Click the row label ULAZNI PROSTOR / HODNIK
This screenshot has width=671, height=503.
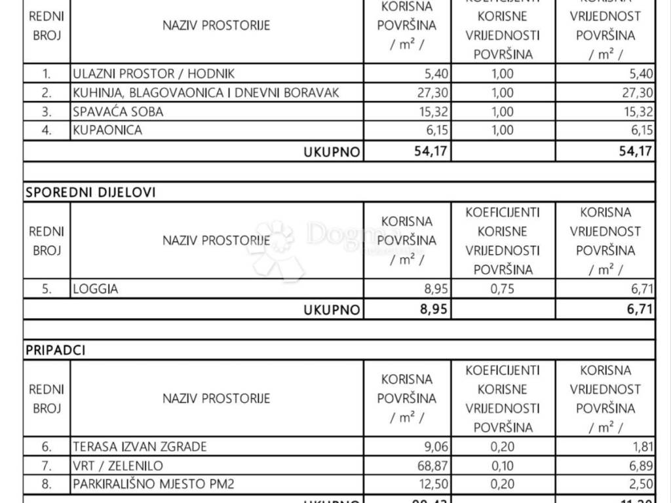click(x=153, y=74)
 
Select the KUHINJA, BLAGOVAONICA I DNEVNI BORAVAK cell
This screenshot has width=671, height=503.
click(x=206, y=93)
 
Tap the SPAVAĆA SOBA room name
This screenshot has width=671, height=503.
click(x=118, y=112)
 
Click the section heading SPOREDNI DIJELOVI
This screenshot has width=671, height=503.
click(x=91, y=193)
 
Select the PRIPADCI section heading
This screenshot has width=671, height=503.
click(x=56, y=350)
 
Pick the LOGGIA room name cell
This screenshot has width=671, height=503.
click(x=96, y=289)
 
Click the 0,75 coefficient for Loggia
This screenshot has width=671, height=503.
click(x=503, y=288)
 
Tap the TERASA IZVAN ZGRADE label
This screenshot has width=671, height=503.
click(x=140, y=447)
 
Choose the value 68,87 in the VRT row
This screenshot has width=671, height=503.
click(x=432, y=466)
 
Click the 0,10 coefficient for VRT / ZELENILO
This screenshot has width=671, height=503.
click(x=503, y=466)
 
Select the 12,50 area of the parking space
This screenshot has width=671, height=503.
click(x=432, y=485)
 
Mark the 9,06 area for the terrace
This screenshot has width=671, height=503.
click(x=436, y=447)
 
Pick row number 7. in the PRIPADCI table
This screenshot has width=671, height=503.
click(x=47, y=466)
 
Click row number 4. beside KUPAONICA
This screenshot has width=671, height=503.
click(x=47, y=130)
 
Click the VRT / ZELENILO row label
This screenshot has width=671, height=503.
click(x=118, y=466)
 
